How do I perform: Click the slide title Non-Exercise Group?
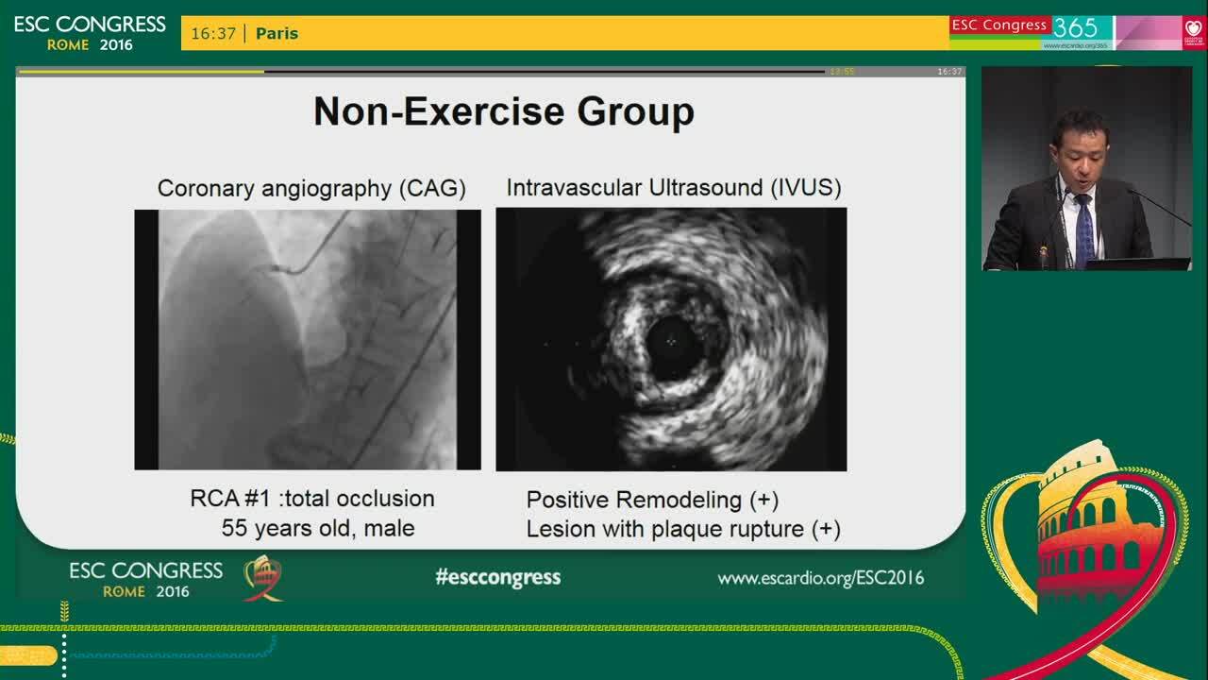click(x=503, y=111)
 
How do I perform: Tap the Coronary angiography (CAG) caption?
click(x=311, y=188)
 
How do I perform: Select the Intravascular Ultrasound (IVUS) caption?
click(x=673, y=187)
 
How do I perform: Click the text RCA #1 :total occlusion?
click(x=312, y=498)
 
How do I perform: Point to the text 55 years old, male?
click(x=318, y=528)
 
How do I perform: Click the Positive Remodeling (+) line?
click(x=652, y=500)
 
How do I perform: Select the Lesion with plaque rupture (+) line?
click(x=683, y=529)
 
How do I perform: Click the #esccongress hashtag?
click(x=497, y=577)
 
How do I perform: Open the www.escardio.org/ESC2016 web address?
click(x=820, y=578)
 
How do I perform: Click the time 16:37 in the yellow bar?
click(x=213, y=33)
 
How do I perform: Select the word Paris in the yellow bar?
click(x=277, y=33)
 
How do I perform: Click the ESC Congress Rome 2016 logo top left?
click(x=90, y=33)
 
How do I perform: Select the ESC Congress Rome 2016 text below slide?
click(x=145, y=580)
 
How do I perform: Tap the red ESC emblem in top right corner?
click(x=1194, y=32)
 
